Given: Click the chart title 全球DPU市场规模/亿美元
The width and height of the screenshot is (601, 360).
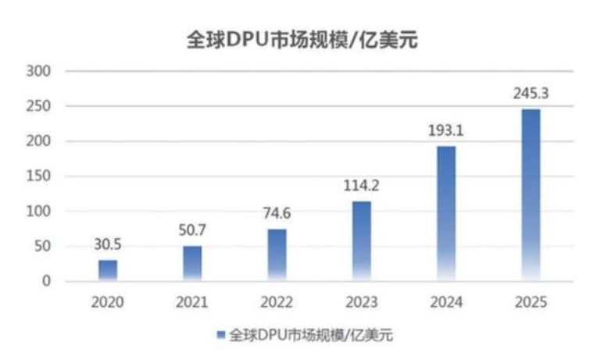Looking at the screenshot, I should [301, 39].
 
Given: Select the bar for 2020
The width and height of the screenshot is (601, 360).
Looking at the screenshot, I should [108, 270].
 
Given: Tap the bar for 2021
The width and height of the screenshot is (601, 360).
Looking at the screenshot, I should [192, 263].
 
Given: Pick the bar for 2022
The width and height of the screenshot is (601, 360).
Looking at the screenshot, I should [277, 255].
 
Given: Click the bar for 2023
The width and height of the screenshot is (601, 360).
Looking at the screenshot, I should [361, 241].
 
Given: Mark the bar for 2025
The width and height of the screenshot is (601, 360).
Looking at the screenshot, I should [531, 194].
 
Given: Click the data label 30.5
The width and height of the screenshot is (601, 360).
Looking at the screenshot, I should [108, 244].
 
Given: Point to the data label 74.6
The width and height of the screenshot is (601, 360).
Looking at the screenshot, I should [277, 214].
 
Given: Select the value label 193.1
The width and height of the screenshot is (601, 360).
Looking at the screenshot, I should [446, 130].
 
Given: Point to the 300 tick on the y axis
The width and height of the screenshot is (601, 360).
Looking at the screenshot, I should [41, 72].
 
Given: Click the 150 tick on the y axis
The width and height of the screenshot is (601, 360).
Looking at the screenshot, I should [41, 176].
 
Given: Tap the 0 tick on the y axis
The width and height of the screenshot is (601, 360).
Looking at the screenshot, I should [47, 281].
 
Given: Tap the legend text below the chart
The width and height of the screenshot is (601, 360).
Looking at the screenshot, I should [309, 336].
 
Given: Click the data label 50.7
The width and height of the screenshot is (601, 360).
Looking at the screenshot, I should [192, 230].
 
